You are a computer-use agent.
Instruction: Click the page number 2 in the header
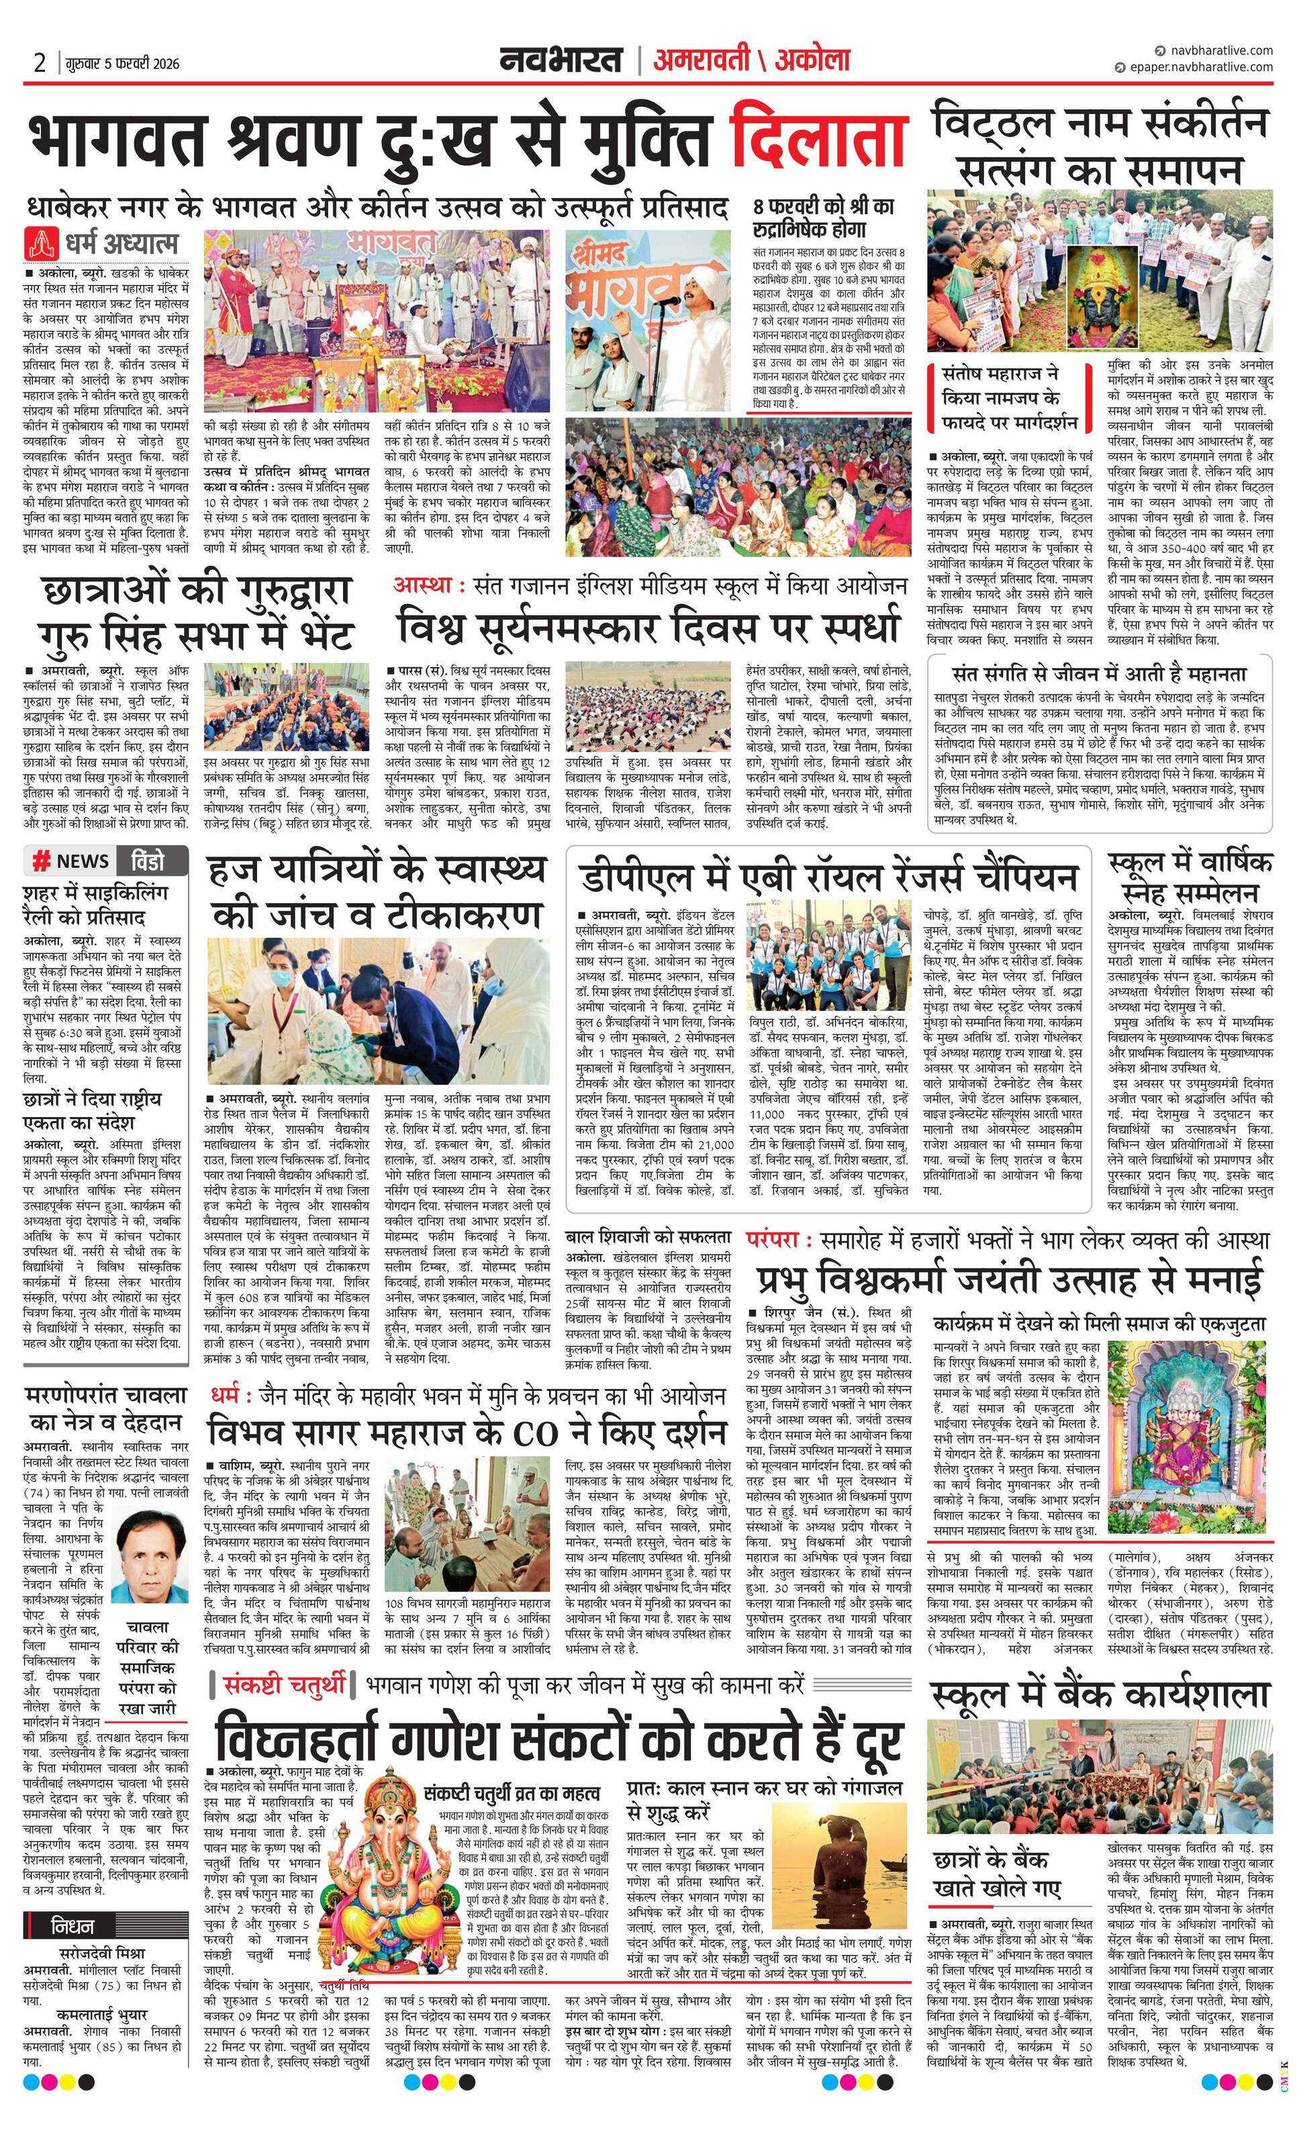coord(39,63)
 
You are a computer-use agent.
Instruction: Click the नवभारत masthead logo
coord(561,60)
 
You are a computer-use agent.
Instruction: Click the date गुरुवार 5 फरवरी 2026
coord(121,64)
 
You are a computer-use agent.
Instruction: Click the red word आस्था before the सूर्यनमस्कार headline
coord(424,585)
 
